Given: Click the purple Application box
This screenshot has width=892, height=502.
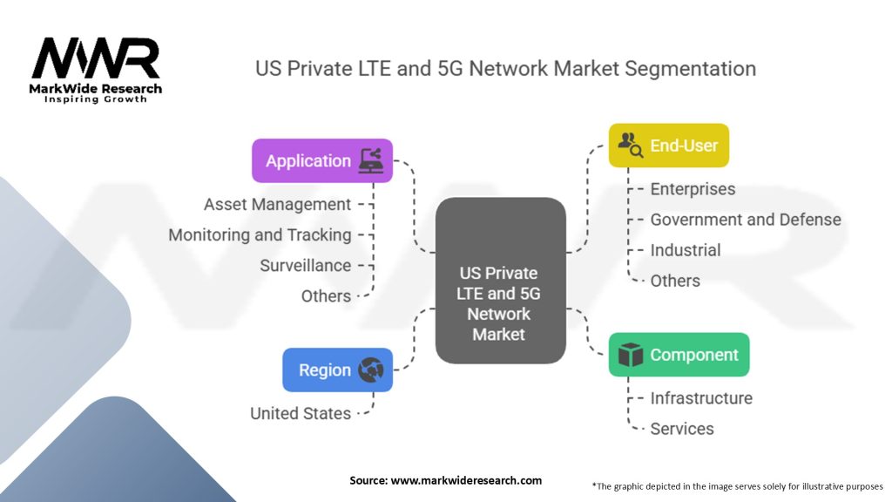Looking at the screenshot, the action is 322,160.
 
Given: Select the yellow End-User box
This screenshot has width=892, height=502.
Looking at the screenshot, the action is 668,146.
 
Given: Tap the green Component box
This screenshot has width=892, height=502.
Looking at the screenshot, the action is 679,355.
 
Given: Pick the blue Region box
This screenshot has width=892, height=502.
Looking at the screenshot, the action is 337,370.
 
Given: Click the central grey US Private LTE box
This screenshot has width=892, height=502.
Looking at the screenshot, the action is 501,281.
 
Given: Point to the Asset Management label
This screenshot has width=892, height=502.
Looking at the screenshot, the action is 277,204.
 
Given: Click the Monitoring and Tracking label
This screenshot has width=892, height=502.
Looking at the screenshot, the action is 260,235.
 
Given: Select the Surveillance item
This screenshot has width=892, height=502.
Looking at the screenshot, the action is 306,265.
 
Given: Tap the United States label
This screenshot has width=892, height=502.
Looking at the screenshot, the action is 301,413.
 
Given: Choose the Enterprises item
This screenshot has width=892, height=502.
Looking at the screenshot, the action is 693,189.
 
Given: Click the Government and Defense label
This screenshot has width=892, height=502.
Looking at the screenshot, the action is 746,220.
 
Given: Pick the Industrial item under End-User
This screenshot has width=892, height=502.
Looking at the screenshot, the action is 686,250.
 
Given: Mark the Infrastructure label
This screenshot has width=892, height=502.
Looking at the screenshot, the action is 701,398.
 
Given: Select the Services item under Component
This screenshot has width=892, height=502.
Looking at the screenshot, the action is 682,429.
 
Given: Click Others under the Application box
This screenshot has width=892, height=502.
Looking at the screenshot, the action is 326,296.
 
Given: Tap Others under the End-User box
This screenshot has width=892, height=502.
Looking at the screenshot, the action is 675,281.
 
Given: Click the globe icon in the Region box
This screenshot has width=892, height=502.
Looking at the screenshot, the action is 371,370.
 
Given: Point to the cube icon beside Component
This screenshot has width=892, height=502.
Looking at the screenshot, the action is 631,355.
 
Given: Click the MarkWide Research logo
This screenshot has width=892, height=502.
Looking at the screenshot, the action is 96,70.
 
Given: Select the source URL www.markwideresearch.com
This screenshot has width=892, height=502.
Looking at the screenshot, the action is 466,480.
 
